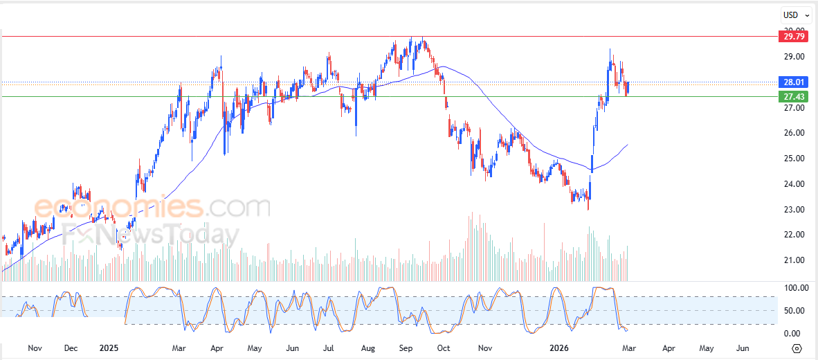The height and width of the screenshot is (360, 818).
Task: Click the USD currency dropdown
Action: coord(797,15)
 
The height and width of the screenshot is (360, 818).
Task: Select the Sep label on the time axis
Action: coord(406,348)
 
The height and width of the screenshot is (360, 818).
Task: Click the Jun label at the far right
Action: coord(741,348)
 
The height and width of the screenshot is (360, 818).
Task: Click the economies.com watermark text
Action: coord(152,207)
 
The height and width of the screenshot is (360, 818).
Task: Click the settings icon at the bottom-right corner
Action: coord(797,348)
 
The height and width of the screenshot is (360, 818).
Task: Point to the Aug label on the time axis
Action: coord(367,348)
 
